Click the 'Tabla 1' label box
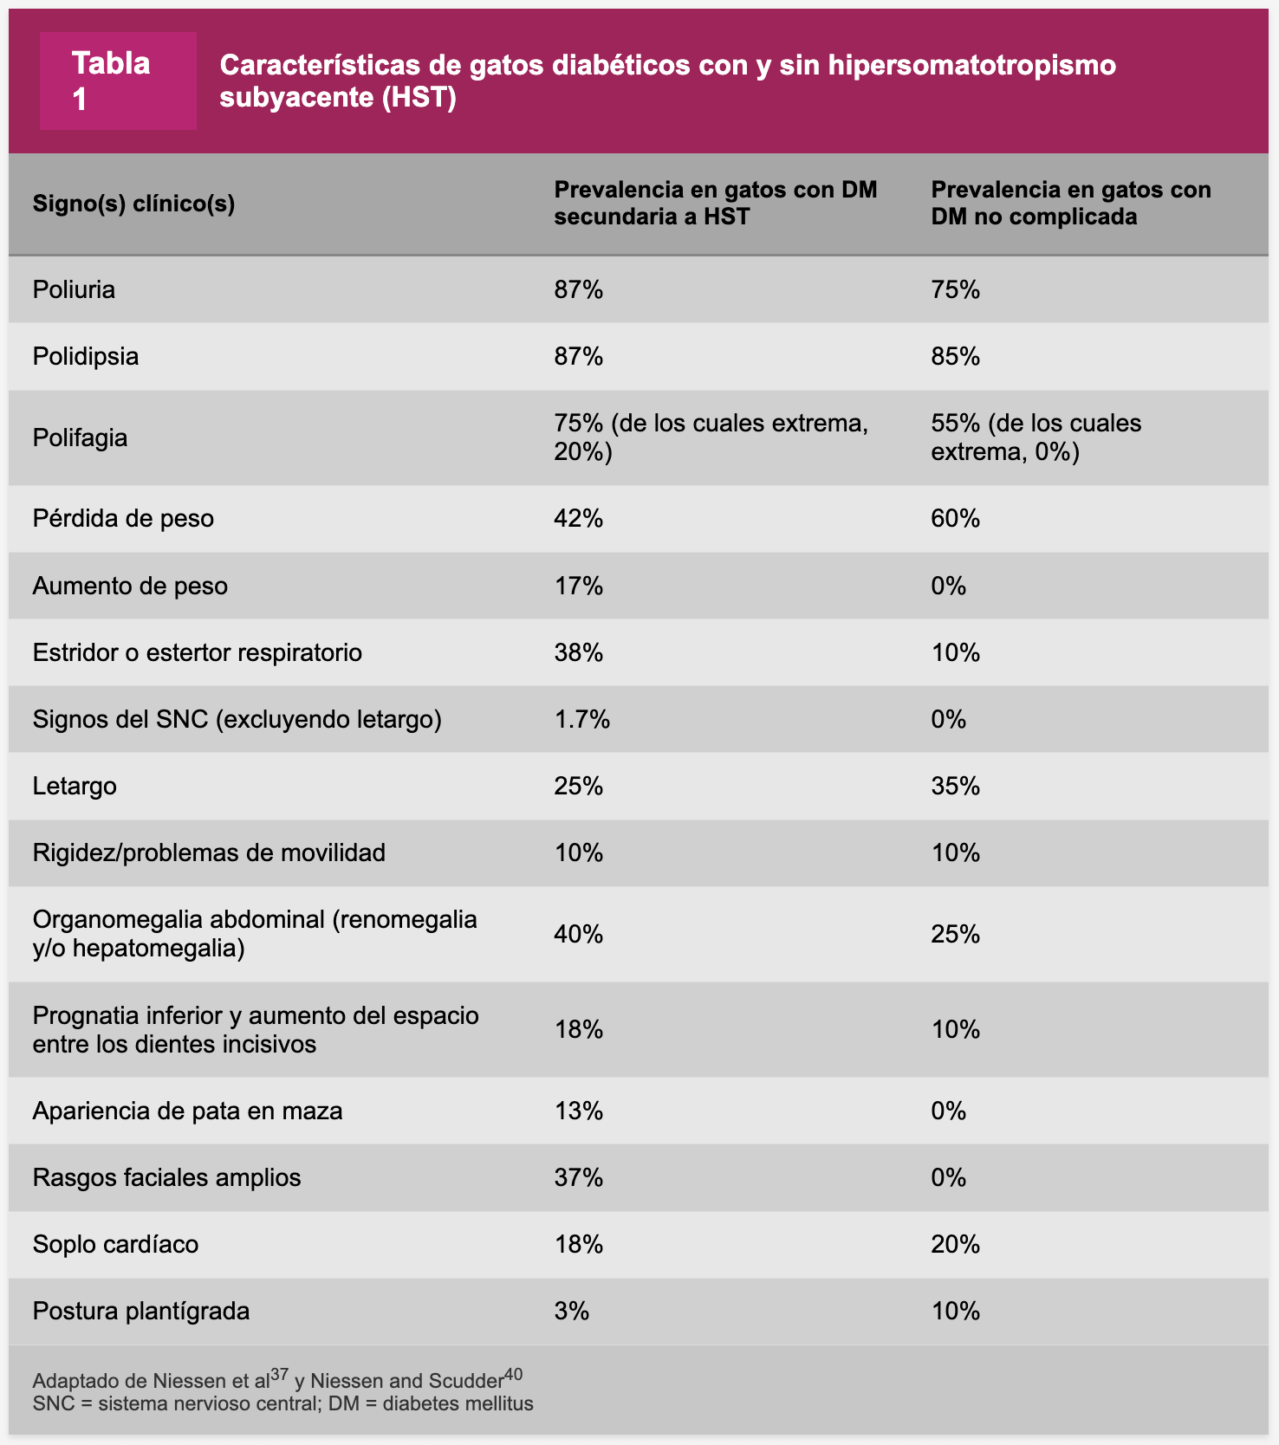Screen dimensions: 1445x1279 point(118,81)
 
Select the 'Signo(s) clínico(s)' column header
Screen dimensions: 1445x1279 point(133,204)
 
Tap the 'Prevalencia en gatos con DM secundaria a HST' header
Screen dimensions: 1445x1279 point(715,203)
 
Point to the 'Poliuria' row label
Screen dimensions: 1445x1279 point(74,289)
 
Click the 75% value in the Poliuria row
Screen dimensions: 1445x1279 point(955,289)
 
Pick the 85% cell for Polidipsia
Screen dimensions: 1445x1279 point(955,356)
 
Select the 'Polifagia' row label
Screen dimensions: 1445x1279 point(80,437)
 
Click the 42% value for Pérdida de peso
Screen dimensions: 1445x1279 point(578,518)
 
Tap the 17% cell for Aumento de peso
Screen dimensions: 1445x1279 point(578,586)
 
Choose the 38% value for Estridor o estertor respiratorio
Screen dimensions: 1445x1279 point(578,652)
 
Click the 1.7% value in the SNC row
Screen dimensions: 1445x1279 point(581,719)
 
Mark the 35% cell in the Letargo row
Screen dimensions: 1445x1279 point(955,786)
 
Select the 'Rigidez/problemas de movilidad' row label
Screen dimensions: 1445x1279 point(209,852)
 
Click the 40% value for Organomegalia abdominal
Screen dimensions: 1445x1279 point(578,934)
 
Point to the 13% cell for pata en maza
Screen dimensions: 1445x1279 point(578,1111)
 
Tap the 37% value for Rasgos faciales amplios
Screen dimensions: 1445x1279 point(578,1177)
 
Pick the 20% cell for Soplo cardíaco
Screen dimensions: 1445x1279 point(955,1244)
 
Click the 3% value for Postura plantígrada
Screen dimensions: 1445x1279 point(571,1311)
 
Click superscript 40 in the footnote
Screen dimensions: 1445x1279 point(513,1375)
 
